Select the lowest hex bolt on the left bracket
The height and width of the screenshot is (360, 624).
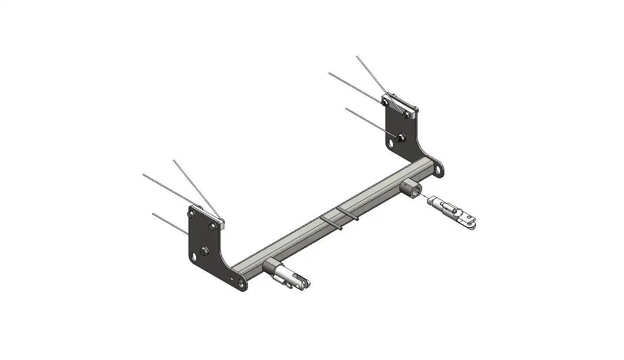[x=205, y=251]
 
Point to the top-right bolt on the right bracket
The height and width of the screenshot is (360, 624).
[x=406, y=114]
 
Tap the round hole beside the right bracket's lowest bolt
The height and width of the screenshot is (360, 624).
[x=391, y=143]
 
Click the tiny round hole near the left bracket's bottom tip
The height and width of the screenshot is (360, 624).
[x=233, y=278]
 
